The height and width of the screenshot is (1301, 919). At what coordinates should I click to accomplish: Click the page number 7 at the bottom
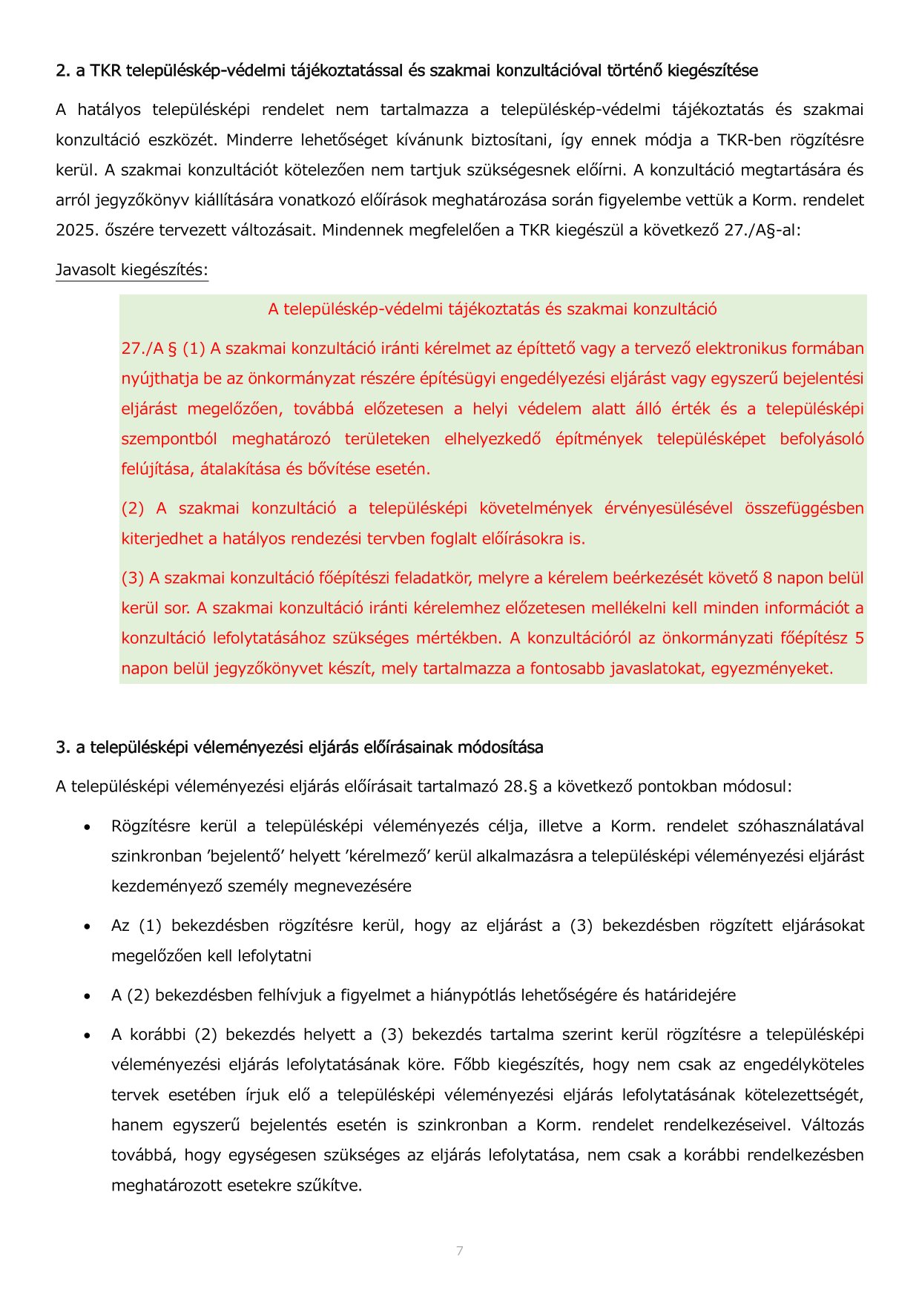(x=460, y=1251)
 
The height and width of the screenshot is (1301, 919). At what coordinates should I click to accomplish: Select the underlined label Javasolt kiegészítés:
(x=132, y=270)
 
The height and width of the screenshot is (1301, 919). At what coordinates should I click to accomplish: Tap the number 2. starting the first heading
(x=63, y=71)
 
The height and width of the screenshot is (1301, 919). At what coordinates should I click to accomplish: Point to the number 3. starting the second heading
(x=63, y=748)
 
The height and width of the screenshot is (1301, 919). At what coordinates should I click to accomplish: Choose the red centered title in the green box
(x=493, y=309)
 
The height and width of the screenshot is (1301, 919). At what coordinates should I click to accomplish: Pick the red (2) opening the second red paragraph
(x=133, y=509)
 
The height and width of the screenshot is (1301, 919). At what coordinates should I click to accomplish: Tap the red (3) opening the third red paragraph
(x=133, y=579)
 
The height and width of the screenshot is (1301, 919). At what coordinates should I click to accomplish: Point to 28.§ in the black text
(x=520, y=787)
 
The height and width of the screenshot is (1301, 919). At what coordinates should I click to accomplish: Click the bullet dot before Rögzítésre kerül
(x=88, y=827)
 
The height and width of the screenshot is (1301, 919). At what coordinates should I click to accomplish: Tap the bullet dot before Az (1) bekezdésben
(x=88, y=926)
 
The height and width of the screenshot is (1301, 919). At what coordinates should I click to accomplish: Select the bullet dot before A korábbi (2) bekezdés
(x=88, y=1035)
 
